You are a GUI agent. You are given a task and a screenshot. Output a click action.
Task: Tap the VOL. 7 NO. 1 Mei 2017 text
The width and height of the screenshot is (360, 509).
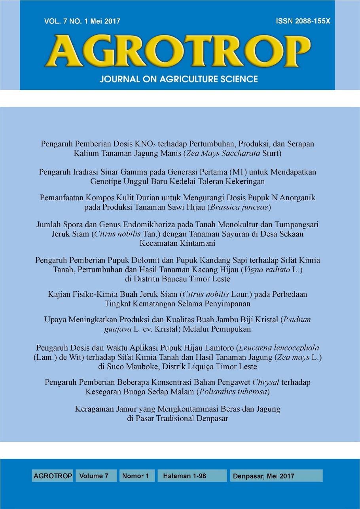(82, 21)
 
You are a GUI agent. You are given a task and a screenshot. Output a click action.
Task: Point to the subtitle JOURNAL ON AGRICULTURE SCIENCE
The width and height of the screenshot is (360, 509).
(179, 79)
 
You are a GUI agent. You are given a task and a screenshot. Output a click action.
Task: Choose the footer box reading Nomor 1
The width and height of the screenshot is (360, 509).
(135, 476)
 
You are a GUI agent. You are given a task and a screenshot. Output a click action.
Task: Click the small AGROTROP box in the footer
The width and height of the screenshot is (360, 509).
(53, 476)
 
